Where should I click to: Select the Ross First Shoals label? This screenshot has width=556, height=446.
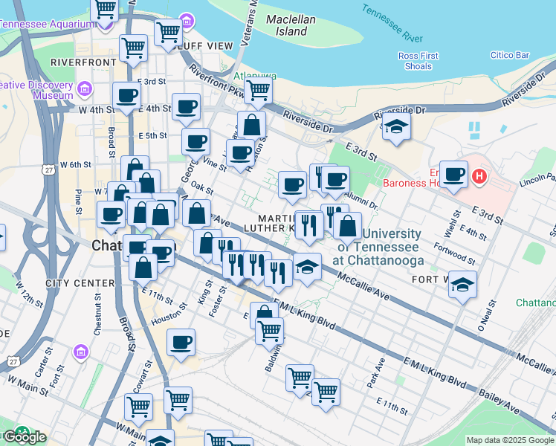[418, 61]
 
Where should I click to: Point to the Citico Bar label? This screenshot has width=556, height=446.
[510, 55]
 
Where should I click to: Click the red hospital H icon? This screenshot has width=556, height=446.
[479, 177]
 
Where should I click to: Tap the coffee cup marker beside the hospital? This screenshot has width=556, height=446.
[453, 175]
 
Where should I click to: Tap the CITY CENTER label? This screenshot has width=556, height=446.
[80, 283]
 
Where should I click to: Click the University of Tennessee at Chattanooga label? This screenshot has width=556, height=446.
[381, 248]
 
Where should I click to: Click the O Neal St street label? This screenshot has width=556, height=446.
[485, 316]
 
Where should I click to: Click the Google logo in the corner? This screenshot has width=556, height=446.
[24, 436]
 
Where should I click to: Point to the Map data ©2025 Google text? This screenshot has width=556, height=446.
[509, 440]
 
